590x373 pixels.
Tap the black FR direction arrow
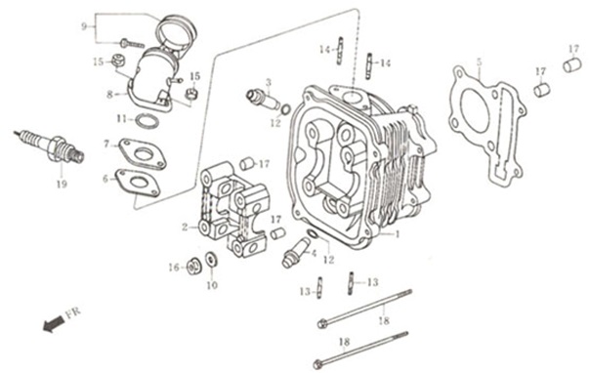click(x=53, y=324)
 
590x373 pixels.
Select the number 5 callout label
click(x=479, y=62)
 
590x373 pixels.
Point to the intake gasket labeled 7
click(x=142, y=153)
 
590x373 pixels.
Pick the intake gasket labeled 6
click(x=138, y=184)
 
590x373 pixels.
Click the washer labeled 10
click(x=211, y=260)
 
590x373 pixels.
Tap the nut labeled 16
click(x=194, y=267)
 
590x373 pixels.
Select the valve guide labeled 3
click(x=264, y=100)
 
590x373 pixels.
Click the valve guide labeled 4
click(x=296, y=252)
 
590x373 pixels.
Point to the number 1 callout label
click(x=397, y=234)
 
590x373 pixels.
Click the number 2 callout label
click(x=185, y=228)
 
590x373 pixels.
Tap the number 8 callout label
click(x=109, y=95)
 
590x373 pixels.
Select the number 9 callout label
click(x=84, y=26)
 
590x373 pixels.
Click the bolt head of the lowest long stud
click(x=318, y=364)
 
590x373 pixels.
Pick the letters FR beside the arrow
click(x=73, y=313)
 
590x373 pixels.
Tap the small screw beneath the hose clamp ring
click(x=132, y=44)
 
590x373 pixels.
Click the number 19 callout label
click(x=62, y=185)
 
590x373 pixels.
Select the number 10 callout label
click(x=212, y=285)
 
